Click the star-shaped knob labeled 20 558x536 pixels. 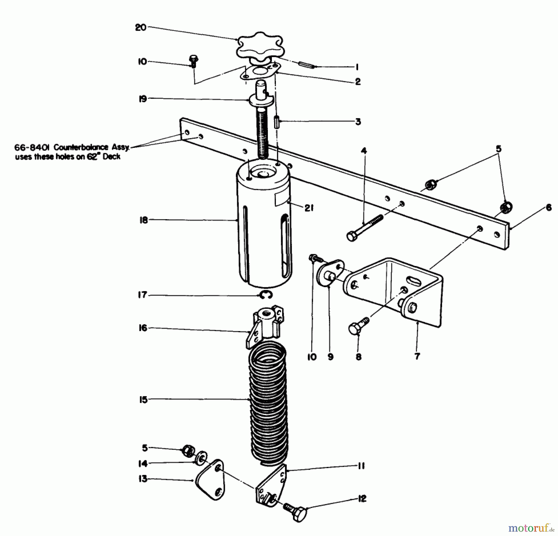pyautogui.click(x=260, y=47)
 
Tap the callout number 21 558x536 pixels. pyautogui.click(x=308, y=208)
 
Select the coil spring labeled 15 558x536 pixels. pyautogui.click(x=268, y=403)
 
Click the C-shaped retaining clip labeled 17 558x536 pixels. pyautogui.click(x=266, y=295)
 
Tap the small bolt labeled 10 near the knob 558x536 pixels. pyautogui.click(x=193, y=61)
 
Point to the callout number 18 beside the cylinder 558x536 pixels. pyautogui.click(x=143, y=221)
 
